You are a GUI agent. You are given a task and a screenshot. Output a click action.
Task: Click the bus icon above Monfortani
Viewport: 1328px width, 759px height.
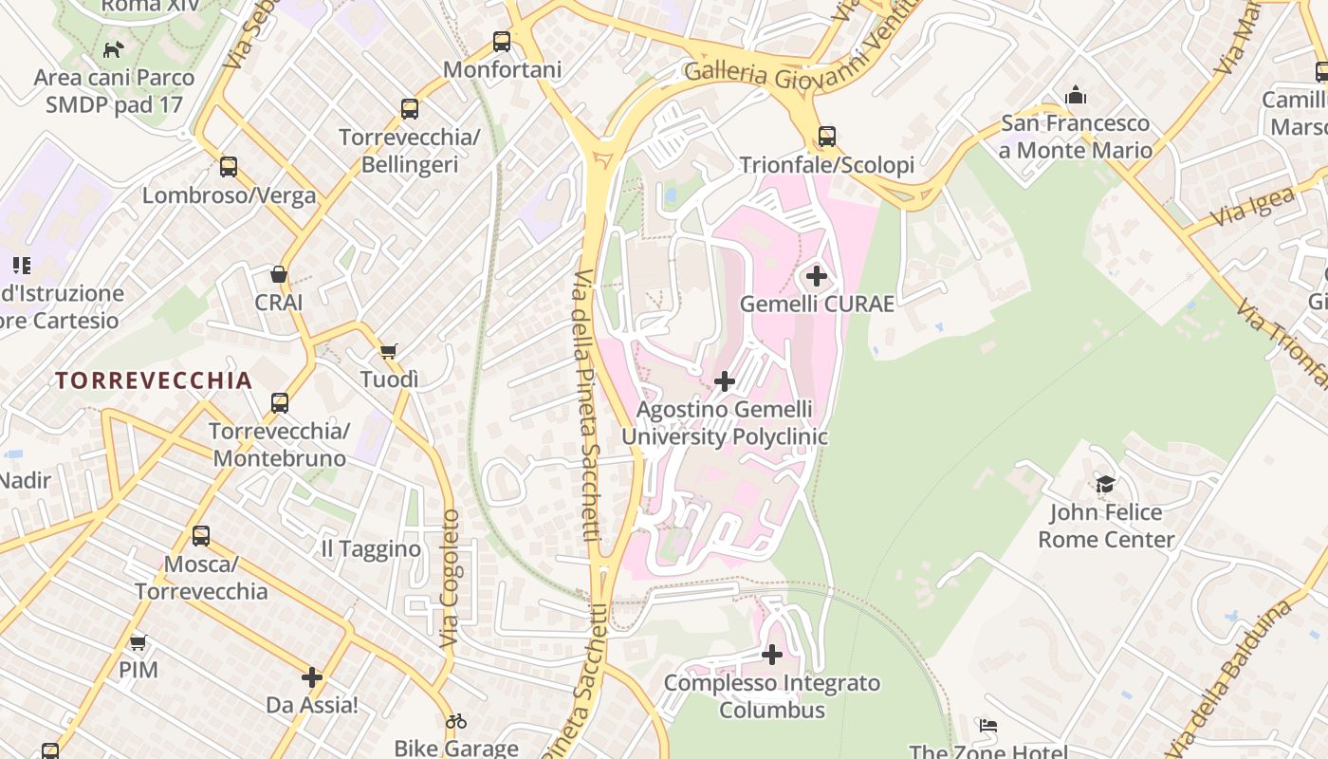coord(502,42)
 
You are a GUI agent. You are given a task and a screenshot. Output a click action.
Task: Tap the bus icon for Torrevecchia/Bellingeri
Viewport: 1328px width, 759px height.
coord(410,109)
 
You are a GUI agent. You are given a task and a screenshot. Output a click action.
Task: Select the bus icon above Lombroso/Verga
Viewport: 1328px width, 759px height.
coord(229,167)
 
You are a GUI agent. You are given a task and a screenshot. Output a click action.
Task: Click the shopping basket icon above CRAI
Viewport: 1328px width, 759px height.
coord(279,274)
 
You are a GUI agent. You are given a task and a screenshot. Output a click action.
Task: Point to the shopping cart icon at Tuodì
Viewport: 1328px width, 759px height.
coord(388,351)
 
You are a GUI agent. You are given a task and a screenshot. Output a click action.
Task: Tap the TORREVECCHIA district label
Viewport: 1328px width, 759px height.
coord(154,380)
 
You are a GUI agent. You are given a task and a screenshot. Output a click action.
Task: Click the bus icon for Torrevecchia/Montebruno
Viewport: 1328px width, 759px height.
coord(280,403)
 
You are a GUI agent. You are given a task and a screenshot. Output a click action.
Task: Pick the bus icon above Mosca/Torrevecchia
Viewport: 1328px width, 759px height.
coord(201,536)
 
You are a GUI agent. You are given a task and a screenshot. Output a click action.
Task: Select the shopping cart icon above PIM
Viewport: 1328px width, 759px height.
coord(138,642)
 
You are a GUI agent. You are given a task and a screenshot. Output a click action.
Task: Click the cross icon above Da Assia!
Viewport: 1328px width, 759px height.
coord(312,677)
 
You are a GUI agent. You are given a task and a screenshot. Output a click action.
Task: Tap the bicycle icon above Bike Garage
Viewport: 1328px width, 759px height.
coord(456,721)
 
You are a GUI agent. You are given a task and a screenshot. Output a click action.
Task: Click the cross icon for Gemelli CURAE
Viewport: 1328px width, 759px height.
coord(817,276)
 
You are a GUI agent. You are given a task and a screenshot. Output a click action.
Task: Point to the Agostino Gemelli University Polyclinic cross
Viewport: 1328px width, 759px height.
coord(725,381)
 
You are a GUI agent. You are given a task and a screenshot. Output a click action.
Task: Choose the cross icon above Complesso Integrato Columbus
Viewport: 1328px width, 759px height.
coord(772,655)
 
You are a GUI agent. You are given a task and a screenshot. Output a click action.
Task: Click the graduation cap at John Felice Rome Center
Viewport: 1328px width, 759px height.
coord(1106,485)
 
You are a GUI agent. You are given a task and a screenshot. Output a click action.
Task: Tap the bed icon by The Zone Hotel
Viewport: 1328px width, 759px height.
coord(988,726)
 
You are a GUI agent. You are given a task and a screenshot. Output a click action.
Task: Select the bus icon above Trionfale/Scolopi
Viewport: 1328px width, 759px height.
coord(827,137)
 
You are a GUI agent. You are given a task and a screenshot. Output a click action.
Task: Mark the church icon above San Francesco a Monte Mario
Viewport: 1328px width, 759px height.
coord(1076,95)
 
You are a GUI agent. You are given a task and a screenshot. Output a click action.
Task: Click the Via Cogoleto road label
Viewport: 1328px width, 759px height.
coord(450,580)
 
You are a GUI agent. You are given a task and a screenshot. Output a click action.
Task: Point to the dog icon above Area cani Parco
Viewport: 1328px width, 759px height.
coord(114,49)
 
